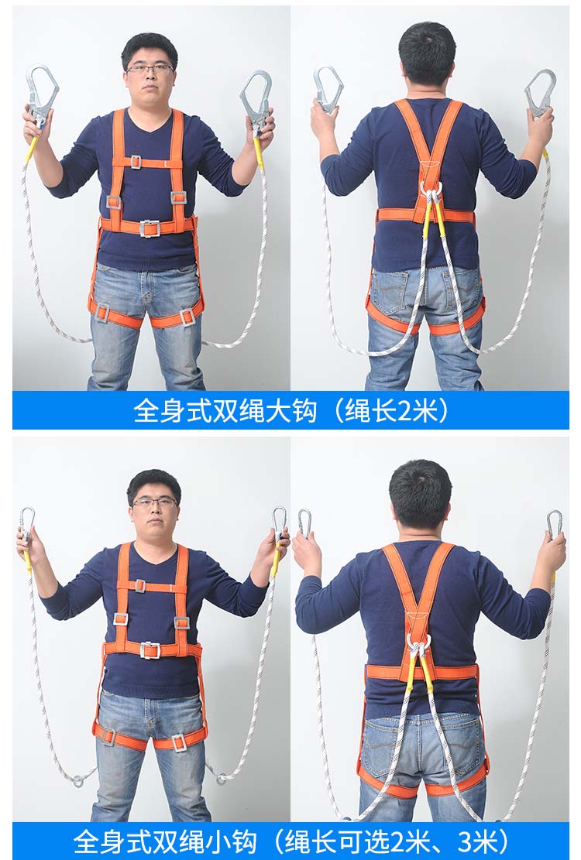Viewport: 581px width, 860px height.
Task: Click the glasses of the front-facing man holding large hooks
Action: click(x=150, y=69)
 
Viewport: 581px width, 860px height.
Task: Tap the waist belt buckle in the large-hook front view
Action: click(x=150, y=228)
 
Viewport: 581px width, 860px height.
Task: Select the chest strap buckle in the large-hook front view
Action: click(x=136, y=162)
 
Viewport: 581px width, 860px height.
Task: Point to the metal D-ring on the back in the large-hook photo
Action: click(x=432, y=189)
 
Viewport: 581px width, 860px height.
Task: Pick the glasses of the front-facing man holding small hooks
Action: click(x=155, y=502)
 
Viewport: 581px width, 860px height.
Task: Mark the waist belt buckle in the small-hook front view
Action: click(x=150, y=650)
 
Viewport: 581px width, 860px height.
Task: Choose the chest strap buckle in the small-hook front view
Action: click(x=140, y=586)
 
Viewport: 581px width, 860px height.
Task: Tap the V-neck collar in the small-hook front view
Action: click(x=154, y=557)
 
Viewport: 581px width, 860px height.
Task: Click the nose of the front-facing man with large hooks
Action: click(x=150, y=76)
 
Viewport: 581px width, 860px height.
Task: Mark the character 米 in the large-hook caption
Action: click(x=426, y=410)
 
